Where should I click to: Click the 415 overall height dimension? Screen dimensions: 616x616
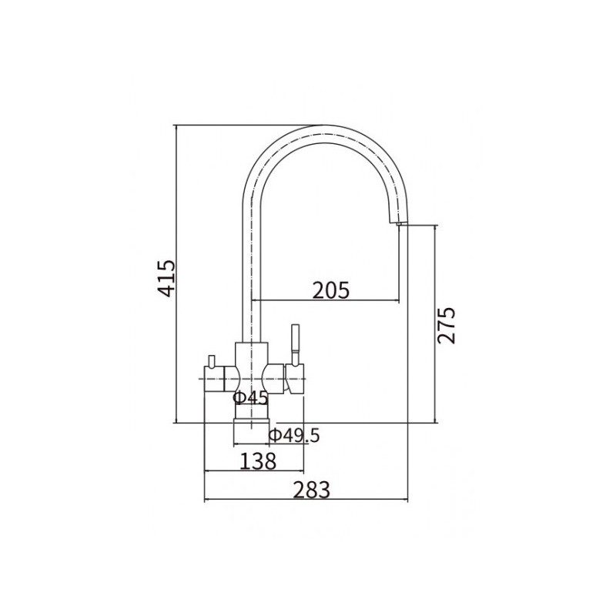(166, 278)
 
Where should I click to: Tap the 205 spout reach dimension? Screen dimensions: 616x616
(331, 290)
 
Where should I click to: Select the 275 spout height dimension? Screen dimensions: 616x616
(447, 326)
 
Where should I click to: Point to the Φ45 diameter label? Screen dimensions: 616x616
(250, 398)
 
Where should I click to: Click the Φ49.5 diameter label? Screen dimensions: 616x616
(294, 435)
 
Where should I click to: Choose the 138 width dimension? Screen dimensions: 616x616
(258, 461)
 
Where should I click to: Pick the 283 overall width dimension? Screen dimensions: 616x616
(312, 490)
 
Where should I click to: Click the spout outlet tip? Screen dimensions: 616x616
(399, 223)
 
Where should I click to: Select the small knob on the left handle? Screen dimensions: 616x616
(211, 360)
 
